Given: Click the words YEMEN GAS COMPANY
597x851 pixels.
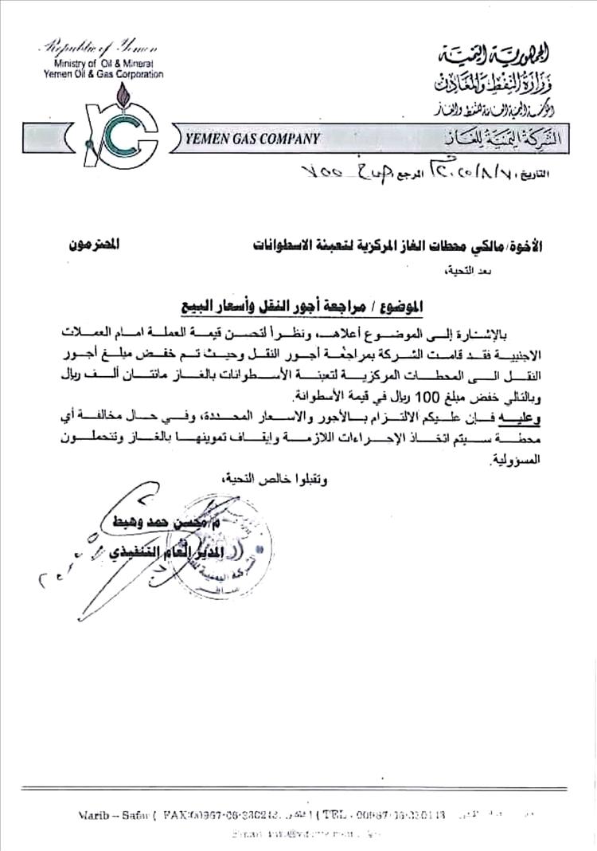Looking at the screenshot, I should (x=253, y=139).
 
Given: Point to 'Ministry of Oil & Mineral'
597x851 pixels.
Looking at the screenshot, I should (x=104, y=64).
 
